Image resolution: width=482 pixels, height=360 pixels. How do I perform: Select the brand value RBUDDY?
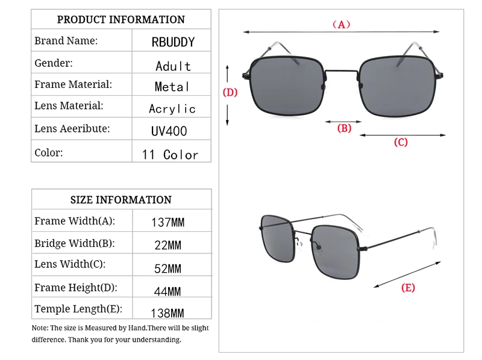point(173,43)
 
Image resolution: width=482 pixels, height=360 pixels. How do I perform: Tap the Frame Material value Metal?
point(172,87)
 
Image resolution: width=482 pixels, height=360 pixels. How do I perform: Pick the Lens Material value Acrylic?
point(172,109)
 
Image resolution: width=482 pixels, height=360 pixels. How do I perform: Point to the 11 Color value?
point(170,155)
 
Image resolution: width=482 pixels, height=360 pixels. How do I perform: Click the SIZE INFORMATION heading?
point(121,200)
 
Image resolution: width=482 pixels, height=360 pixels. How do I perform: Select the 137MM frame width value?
point(167,223)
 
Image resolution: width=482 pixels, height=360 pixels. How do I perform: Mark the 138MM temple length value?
point(167,313)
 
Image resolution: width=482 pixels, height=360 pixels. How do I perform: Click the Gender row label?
point(54,63)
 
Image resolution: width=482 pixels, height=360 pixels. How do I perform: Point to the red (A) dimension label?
point(341,25)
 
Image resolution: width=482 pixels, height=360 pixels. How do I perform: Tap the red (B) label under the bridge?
point(343,128)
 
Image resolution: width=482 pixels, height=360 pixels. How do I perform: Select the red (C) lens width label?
point(401,143)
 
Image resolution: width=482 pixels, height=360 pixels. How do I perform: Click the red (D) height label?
point(231,93)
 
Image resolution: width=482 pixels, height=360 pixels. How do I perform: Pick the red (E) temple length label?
point(408,288)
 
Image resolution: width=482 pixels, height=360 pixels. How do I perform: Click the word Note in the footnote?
point(40,328)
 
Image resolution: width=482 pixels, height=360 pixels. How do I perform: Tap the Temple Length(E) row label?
point(78,309)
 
